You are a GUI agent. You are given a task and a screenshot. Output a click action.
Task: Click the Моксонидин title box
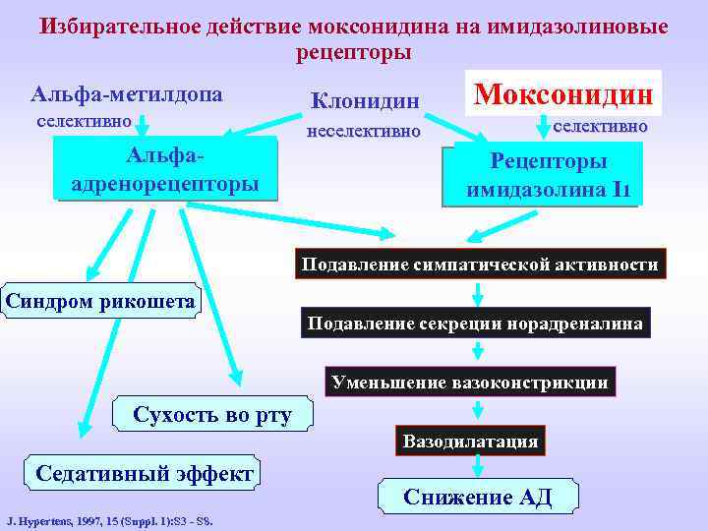tap(564, 94)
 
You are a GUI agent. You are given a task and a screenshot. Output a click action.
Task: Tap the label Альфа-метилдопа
tap(127, 95)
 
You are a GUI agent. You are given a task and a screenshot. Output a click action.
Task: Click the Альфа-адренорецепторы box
tap(166, 169)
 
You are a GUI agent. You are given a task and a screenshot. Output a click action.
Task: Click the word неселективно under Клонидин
tap(364, 131)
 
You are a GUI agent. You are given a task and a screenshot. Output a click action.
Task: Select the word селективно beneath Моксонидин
tap(600, 127)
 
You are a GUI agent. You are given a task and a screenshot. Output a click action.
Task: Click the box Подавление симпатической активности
tap(480, 265)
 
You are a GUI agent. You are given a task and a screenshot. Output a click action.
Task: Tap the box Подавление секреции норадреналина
tap(476, 324)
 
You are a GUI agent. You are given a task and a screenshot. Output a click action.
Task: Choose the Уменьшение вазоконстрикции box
tap(470, 382)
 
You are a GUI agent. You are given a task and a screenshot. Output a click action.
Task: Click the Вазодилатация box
tap(470, 441)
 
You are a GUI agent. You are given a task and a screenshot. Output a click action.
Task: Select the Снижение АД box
tap(478, 498)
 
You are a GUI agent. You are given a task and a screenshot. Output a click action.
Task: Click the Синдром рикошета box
tap(100, 301)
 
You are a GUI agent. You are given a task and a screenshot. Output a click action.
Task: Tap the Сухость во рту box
tap(212, 415)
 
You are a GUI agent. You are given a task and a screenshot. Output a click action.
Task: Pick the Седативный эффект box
tap(145, 474)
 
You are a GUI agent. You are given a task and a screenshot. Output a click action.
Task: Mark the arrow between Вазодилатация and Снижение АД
tap(477, 466)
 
